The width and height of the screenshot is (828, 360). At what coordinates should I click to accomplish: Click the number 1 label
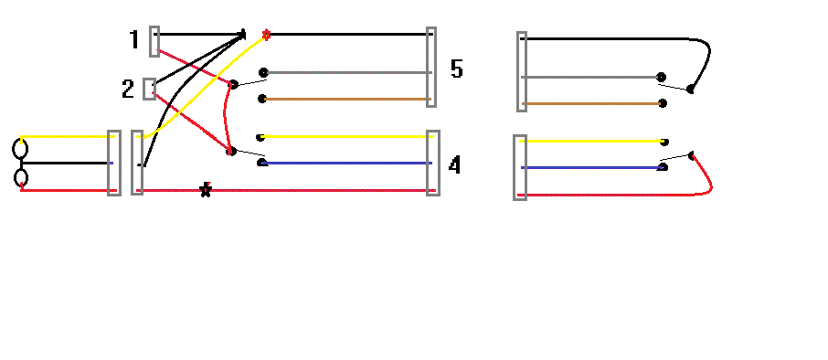tap(134, 39)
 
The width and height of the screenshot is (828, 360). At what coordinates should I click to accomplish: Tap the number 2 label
tap(128, 89)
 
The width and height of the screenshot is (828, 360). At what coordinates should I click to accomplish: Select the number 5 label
tap(457, 69)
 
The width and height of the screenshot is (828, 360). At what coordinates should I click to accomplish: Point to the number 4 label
tap(455, 165)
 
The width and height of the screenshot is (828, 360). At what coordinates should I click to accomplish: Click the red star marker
tap(266, 35)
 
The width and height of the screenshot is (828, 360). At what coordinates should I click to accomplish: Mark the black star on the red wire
tap(206, 190)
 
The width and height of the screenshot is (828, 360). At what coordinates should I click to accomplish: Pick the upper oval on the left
tap(19, 147)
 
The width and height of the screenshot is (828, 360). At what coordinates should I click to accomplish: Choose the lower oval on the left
tap(19, 176)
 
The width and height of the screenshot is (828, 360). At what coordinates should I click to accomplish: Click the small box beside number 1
tap(154, 41)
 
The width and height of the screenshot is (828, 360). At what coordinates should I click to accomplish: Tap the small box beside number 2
tap(149, 89)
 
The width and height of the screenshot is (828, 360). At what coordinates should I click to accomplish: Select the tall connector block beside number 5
tap(431, 68)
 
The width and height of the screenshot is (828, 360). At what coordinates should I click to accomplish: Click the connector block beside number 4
tap(432, 163)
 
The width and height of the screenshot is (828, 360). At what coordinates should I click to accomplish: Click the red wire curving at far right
tap(708, 178)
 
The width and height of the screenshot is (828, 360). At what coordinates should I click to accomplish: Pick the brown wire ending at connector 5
tap(347, 99)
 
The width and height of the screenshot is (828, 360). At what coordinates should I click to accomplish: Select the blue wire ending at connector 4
tap(347, 164)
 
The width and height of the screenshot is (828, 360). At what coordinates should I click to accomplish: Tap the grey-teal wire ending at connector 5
tap(347, 72)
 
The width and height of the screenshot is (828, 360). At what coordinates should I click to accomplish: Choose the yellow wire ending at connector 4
tap(347, 137)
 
